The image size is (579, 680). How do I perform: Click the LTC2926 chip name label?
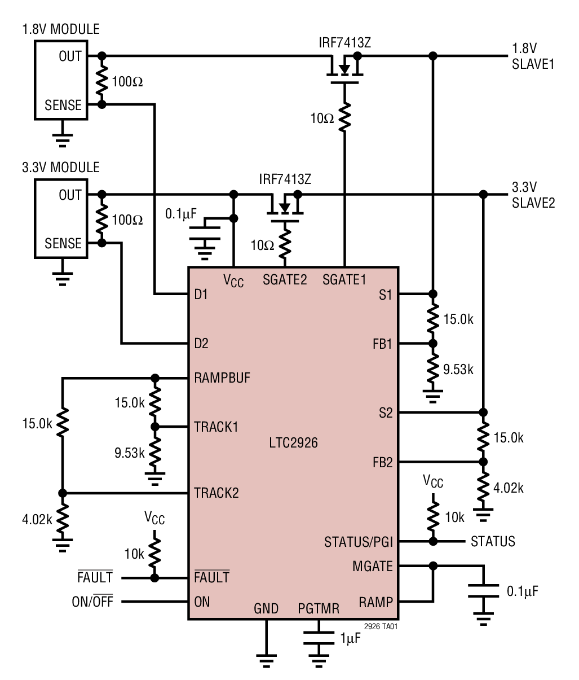[x=293, y=443]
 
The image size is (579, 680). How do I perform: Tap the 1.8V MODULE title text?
[x=60, y=29]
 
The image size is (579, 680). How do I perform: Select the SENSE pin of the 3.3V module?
[x=63, y=244]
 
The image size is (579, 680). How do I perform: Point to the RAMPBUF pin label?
[x=222, y=378]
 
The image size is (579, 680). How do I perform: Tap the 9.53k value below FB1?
[x=458, y=370]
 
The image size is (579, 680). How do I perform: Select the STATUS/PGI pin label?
[x=358, y=542]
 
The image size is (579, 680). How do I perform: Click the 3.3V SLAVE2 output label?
[x=533, y=195]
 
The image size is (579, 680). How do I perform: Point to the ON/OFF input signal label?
[x=92, y=602]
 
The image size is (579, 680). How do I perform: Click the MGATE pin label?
[x=372, y=565]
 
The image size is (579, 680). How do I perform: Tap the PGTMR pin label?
[x=319, y=608]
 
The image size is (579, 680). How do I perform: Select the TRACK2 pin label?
[x=216, y=493]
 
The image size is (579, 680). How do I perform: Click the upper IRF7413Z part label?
[x=346, y=43]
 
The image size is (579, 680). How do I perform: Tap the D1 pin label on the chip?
[x=201, y=294]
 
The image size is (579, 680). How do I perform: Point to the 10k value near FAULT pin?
[x=134, y=554]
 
